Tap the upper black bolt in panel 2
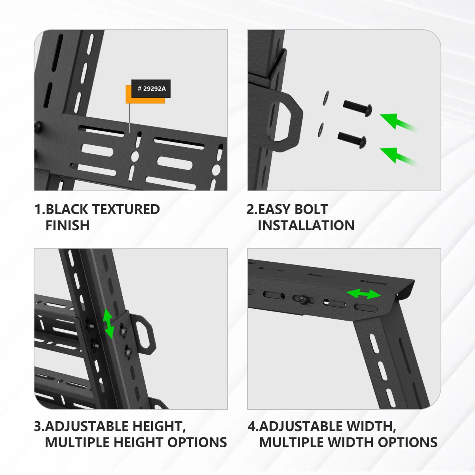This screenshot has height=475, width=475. pyautogui.click(x=357, y=107)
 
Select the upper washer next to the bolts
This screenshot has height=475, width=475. pyautogui.click(x=326, y=98)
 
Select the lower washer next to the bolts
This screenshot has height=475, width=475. pyautogui.click(x=320, y=130)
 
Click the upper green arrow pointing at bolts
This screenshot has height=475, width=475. pyautogui.click(x=396, y=121)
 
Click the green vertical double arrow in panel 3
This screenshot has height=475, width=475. pyautogui.click(x=108, y=324)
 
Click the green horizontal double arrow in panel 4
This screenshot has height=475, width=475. pyautogui.click(x=363, y=294)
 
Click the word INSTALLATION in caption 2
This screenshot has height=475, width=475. pyautogui.click(x=306, y=225)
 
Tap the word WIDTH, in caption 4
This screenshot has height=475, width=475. pyautogui.click(x=371, y=426)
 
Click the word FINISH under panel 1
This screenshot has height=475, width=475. pyautogui.click(x=67, y=225)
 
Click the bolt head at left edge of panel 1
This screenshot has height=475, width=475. pyautogui.click(x=38, y=126)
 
